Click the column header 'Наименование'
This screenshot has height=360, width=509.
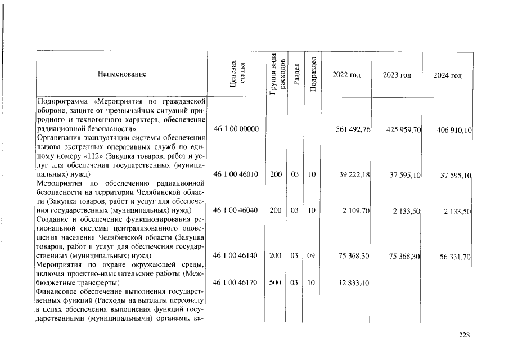122,74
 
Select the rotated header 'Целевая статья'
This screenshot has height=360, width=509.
237,74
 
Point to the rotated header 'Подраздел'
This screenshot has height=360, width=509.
313,74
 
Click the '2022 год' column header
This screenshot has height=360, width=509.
346,75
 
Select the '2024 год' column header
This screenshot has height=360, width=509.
448,75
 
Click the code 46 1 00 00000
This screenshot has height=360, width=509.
236,129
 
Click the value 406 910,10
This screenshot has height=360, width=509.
454,130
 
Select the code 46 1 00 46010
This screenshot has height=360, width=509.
236,174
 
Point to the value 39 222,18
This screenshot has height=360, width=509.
354,175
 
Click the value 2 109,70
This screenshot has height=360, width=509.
357,211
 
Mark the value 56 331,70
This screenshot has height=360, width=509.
456,256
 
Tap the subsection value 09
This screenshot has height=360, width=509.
310,255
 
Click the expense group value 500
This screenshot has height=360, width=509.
275,282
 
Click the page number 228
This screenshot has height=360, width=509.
464,335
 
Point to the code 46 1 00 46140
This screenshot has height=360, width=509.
236,255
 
